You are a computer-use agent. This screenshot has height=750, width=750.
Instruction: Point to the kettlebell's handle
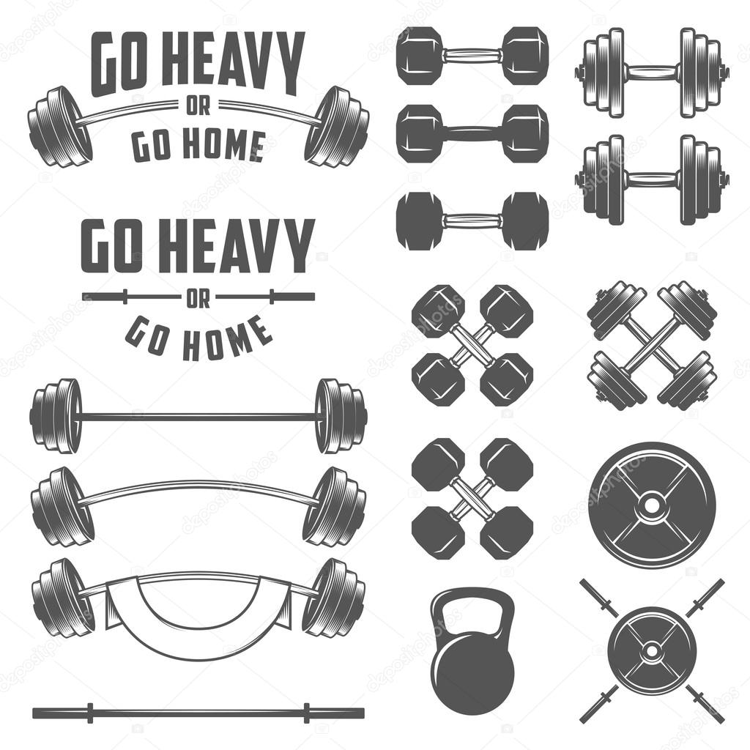(x=472, y=608)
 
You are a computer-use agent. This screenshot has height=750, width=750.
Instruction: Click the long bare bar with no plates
(x=198, y=712)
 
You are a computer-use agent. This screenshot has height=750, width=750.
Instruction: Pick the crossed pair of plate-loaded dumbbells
(x=652, y=344)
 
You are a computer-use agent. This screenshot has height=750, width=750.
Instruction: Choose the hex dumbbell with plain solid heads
(x=472, y=220)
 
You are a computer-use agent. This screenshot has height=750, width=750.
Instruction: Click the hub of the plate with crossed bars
(x=650, y=650)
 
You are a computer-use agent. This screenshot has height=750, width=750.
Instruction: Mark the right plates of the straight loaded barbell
(x=341, y=416)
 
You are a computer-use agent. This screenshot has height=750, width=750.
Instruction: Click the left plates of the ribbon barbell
(x=62, y=597)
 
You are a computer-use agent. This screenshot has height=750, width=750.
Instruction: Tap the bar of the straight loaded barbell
(x=198, y=416)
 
